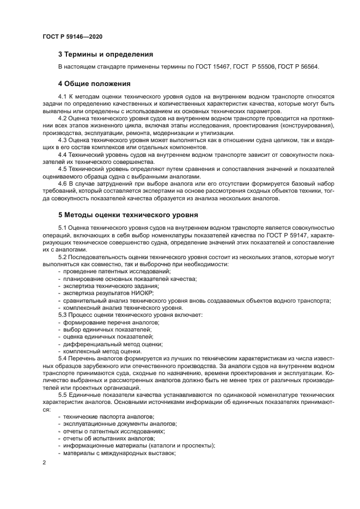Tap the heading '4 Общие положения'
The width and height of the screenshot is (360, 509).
(94, 84)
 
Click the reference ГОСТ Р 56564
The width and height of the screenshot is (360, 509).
(298, 67)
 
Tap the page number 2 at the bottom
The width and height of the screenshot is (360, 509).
(44, 463)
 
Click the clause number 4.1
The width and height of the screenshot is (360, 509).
(63, 96)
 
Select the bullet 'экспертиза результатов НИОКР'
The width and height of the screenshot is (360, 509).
(108, 293)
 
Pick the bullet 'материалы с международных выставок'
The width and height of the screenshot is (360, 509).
(118, 452)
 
